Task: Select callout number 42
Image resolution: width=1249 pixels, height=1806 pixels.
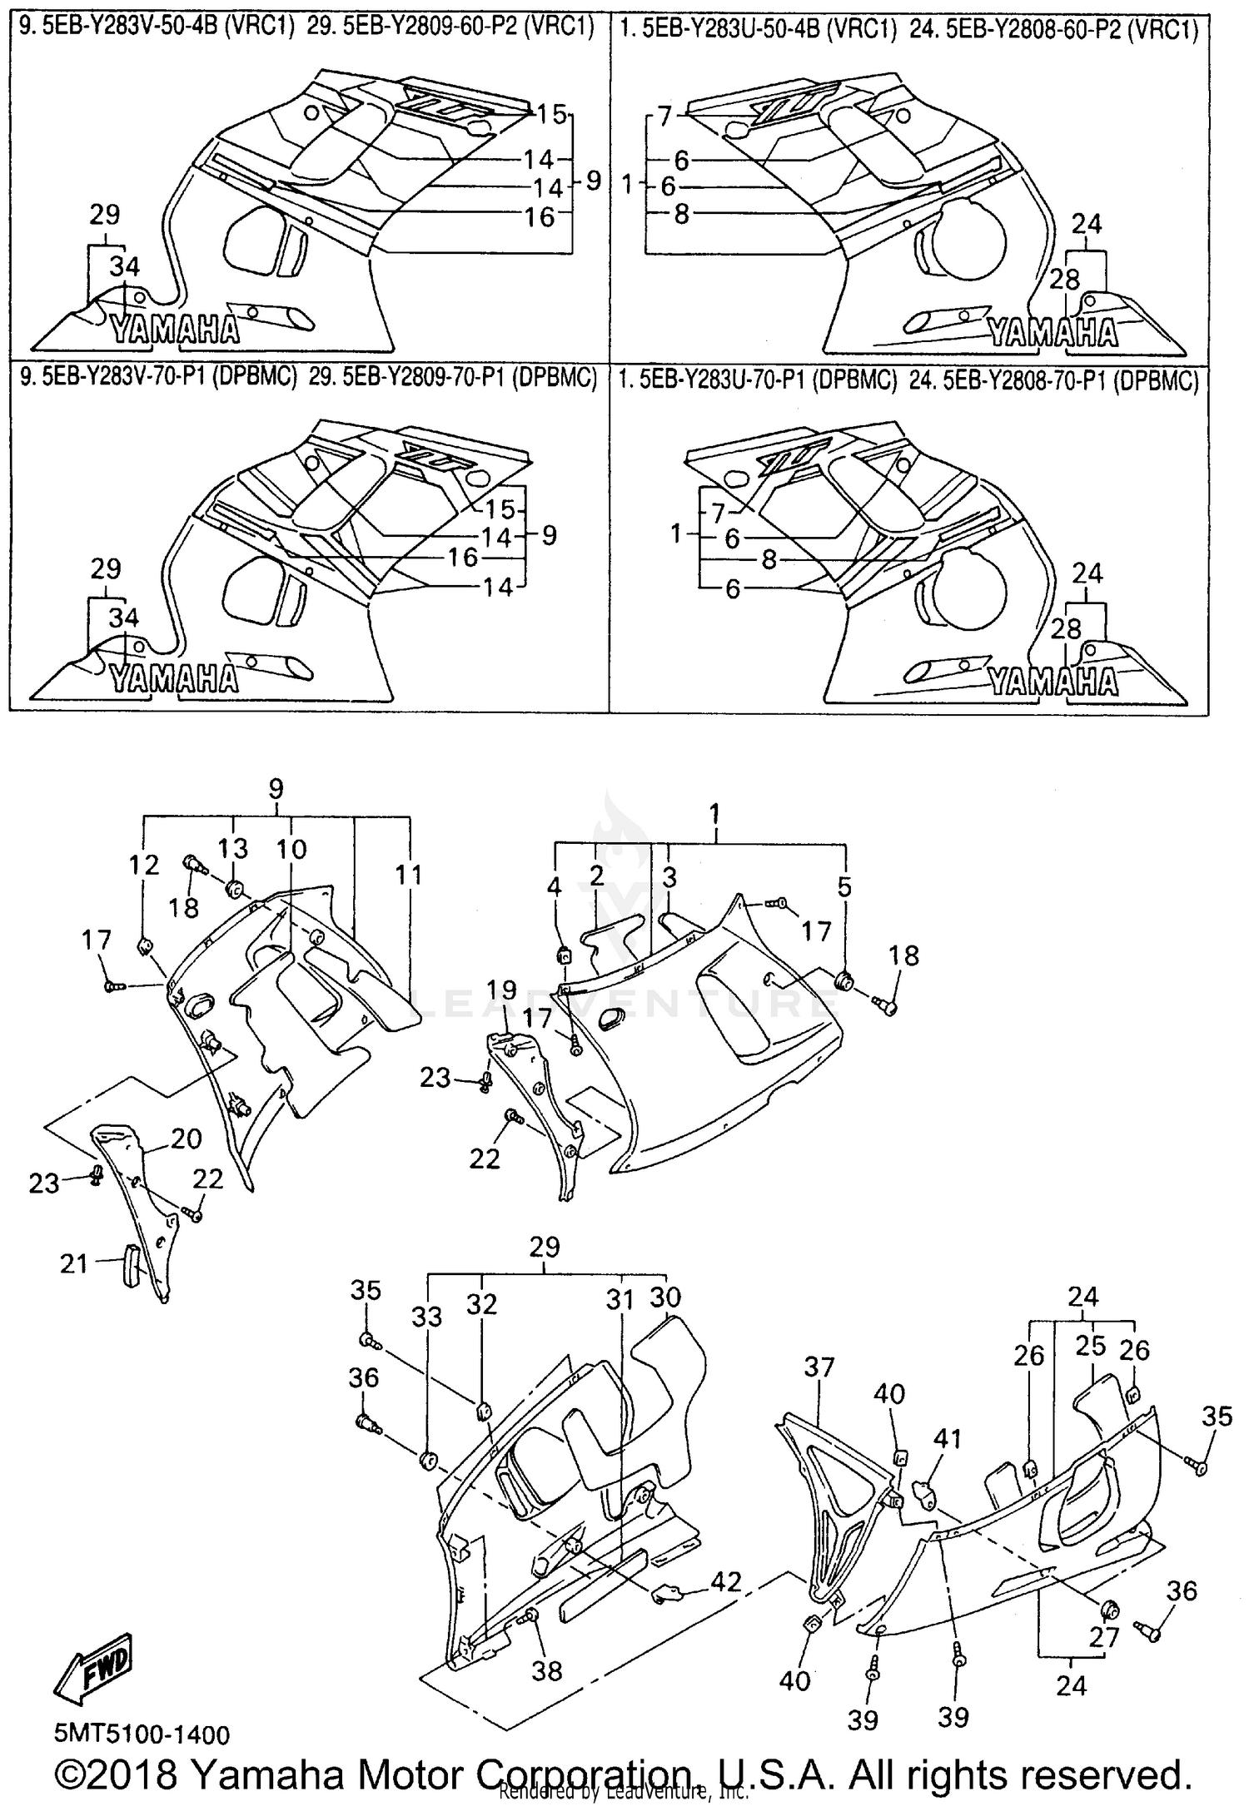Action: (x=726, y=1582)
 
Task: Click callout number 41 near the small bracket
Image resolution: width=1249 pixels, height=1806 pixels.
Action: (x=948, y=1438)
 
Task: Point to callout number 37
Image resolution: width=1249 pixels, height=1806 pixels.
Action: (x=819, y=1367)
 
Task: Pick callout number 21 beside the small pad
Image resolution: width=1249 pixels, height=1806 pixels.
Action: (x=74, y=1264)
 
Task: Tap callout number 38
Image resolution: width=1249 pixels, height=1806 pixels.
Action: (x=547, y=1670)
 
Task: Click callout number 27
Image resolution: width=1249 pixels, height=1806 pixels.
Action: (x=1104, y=1639)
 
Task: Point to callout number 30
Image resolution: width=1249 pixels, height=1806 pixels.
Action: (x=665, y=1297)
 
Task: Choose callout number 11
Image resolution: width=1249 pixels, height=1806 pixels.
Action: (x=409, y=874)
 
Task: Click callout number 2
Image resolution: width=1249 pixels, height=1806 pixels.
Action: (x=596, y=875)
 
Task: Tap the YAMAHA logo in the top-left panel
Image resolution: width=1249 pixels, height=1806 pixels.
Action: (x=176, y=331)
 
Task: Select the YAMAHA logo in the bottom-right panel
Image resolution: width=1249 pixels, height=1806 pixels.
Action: (x=1052, y=682)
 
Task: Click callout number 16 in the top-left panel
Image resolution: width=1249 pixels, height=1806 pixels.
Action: (x=540, y=216)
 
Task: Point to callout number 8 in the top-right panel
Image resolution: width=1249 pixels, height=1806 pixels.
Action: (x=681, y=215)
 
